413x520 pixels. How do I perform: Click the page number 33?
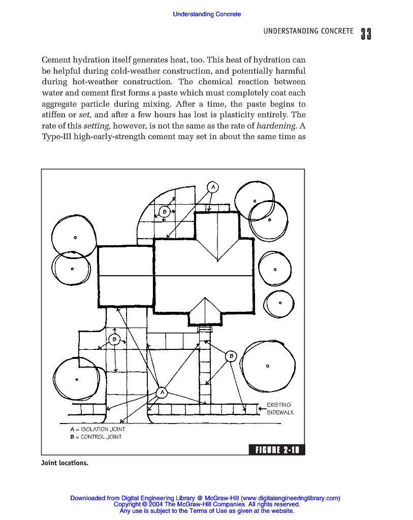click(366, 34)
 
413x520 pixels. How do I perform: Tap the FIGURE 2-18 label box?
click(276, 450)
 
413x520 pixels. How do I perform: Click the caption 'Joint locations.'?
click(65, 463)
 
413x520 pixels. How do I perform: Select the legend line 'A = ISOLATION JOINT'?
click(98, 429)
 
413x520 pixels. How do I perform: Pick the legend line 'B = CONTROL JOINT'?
click(96, 437)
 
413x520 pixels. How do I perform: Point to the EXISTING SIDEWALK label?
click(280, 409)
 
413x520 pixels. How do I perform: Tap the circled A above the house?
click(213, 187)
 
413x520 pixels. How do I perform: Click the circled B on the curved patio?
click(165, 212)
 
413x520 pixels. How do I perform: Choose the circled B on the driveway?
click(114, 339)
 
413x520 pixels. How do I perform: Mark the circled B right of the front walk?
click(231, 356)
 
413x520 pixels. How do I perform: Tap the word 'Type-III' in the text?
click(56, 137)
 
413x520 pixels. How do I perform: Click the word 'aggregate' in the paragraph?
click(58, 104)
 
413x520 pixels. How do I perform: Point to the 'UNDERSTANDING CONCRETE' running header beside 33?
click(308, 31)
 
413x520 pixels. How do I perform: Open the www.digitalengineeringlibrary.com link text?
click(290, 499)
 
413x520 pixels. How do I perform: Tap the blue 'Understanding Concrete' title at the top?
click(207, 14)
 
